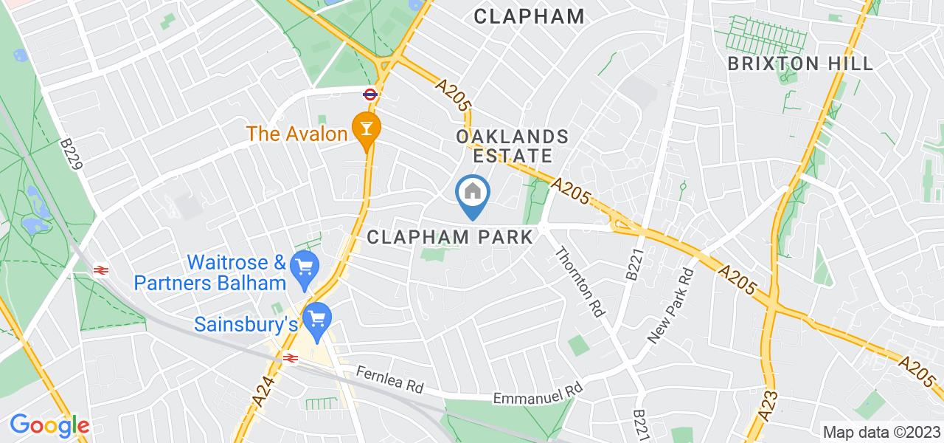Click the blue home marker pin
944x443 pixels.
click(473, 194)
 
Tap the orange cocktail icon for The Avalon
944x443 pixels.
click(365, 128)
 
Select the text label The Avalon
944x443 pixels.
click(297, 134)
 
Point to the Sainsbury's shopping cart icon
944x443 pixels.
click(318, 320)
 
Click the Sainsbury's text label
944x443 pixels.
click(246, 324)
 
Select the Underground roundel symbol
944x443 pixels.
click(370, 94)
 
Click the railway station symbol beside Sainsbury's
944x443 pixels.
click(291, 357)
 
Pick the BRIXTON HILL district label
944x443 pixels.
click(800, 63)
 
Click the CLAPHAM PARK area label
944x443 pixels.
click(449, 237)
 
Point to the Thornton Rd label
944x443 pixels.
click(579, 281)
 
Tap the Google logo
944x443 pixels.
click(49, 425)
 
